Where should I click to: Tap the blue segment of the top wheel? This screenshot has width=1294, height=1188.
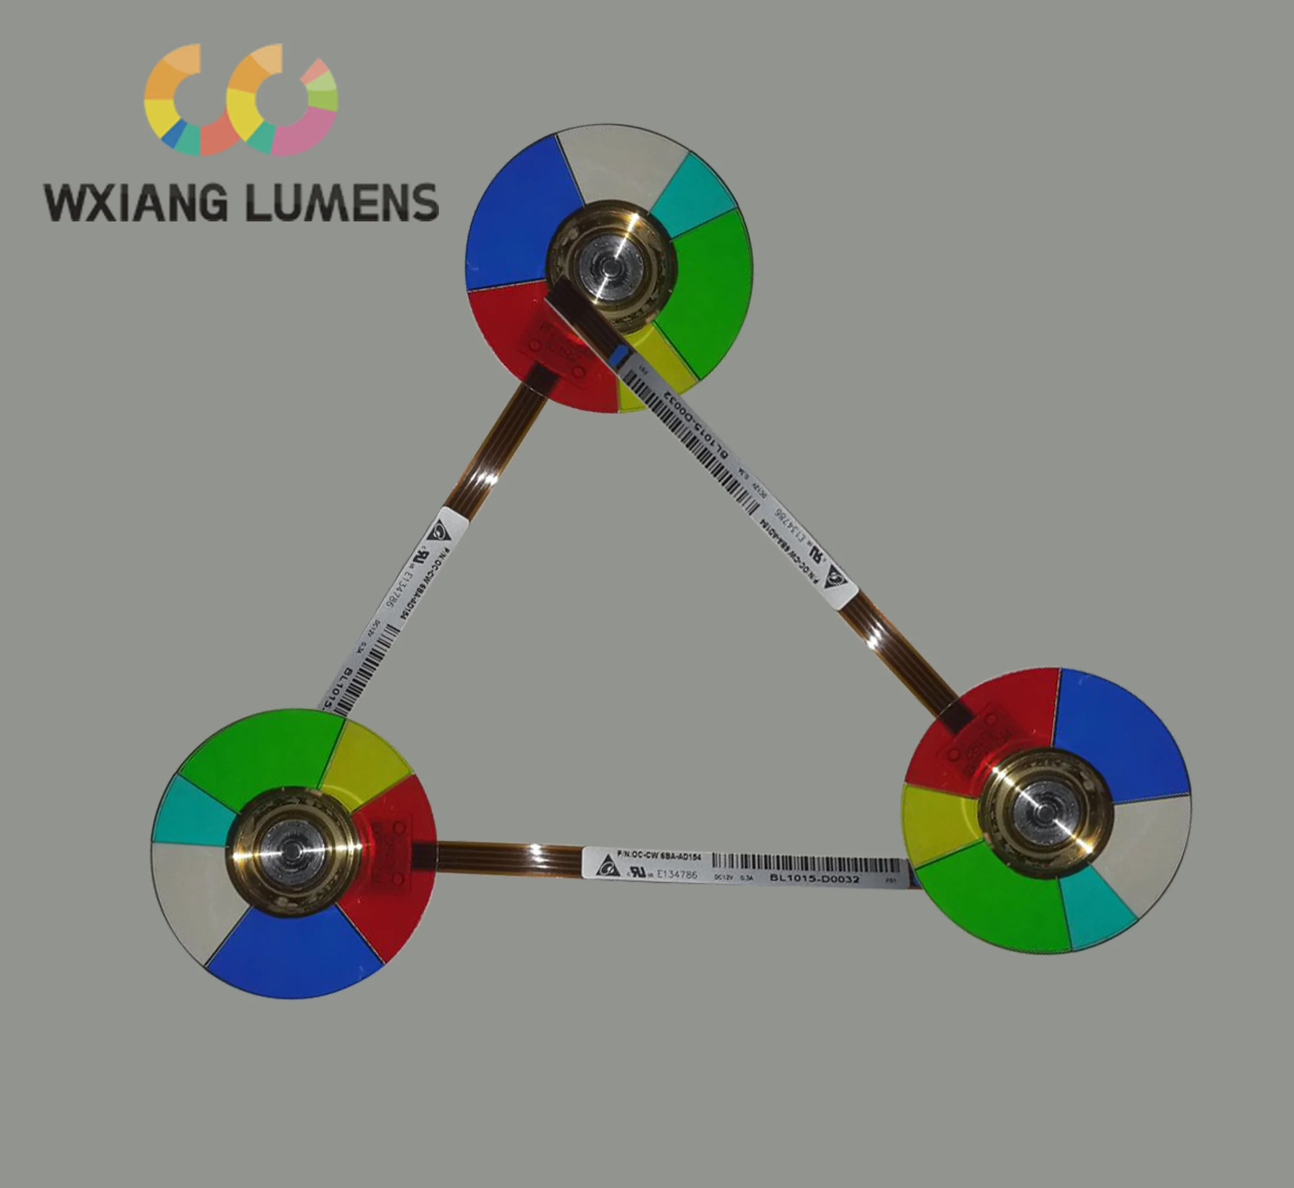[x=515, y=219]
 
